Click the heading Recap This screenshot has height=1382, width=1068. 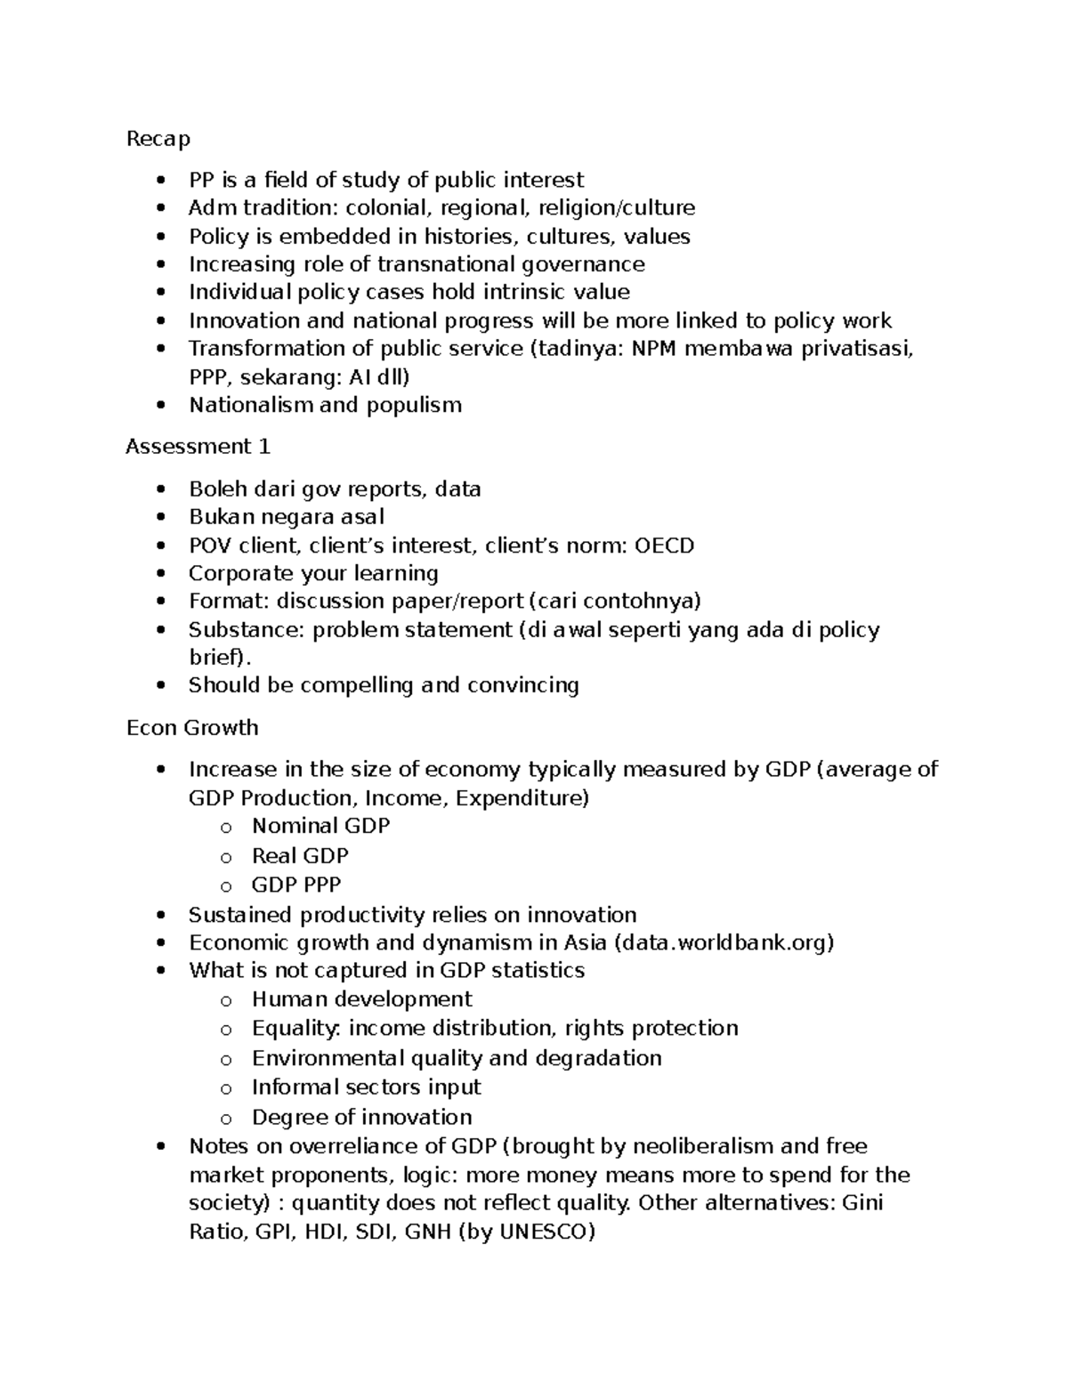pos(158,139)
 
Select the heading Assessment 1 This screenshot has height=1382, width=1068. pos(198,447)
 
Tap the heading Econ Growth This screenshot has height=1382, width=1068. pos(192,728)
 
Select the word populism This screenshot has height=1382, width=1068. pos(414,405)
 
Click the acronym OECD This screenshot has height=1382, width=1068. pos(664,546)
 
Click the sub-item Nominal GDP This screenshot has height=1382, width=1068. pos(320,826)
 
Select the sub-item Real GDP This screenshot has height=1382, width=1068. pos(300,856)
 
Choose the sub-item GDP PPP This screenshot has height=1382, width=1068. pos(296,885)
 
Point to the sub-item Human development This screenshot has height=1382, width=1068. pos(361,999)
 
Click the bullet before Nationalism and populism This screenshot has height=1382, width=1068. pos(160,406)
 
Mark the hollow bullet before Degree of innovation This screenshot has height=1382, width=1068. pos(226,1119)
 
